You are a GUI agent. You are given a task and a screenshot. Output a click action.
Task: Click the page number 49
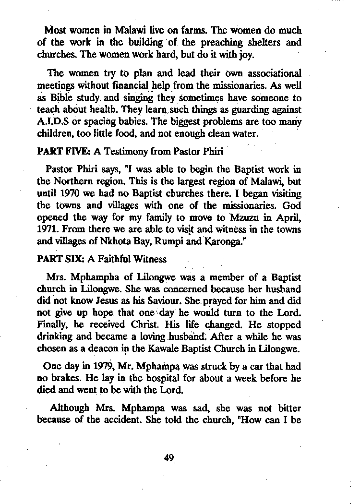pyautogui.click(x=168, y=457)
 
